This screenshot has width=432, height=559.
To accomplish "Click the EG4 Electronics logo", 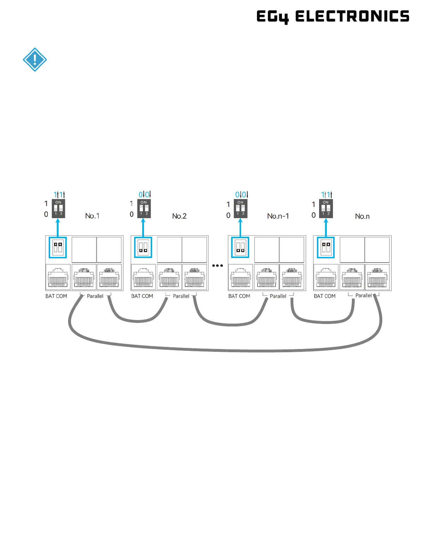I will click(x=332, y=17).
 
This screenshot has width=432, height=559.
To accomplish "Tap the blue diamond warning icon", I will click(x=35, y=60).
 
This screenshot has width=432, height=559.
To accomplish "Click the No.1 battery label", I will click(x=92, y=216).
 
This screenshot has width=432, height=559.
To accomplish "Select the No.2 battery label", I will click(x=179, y=216).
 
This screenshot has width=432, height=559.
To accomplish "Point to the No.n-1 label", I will click(x=278, y=216).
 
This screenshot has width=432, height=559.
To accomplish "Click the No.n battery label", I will click(x=362, y=216).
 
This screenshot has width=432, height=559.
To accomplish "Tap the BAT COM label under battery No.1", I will click(x=56, y=296).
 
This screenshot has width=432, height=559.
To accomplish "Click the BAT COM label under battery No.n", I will click(x=324, y=296).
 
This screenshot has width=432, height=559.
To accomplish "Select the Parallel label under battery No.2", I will click(x=181, y=296).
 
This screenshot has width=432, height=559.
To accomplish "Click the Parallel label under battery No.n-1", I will click(x=278, y=296).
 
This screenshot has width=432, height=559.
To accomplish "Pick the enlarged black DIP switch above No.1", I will click(x=58, y=209).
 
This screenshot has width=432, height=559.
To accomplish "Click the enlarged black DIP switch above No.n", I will click(x=326, y=209).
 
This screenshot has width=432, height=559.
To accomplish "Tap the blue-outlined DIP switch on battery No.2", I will click(x=143, y=247).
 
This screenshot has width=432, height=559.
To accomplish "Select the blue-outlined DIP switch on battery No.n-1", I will click(x=240, y=247).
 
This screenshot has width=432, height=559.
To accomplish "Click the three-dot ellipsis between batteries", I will click(x=217, y=265).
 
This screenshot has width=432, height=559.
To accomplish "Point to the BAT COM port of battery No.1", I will click(x=58, y=277).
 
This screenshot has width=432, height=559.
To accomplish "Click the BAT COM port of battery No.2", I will click(x=143, y=277).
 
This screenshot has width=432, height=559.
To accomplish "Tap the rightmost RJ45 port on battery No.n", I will click(x=377, y=277).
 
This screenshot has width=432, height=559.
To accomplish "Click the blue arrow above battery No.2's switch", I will click(x=143, y=228).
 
